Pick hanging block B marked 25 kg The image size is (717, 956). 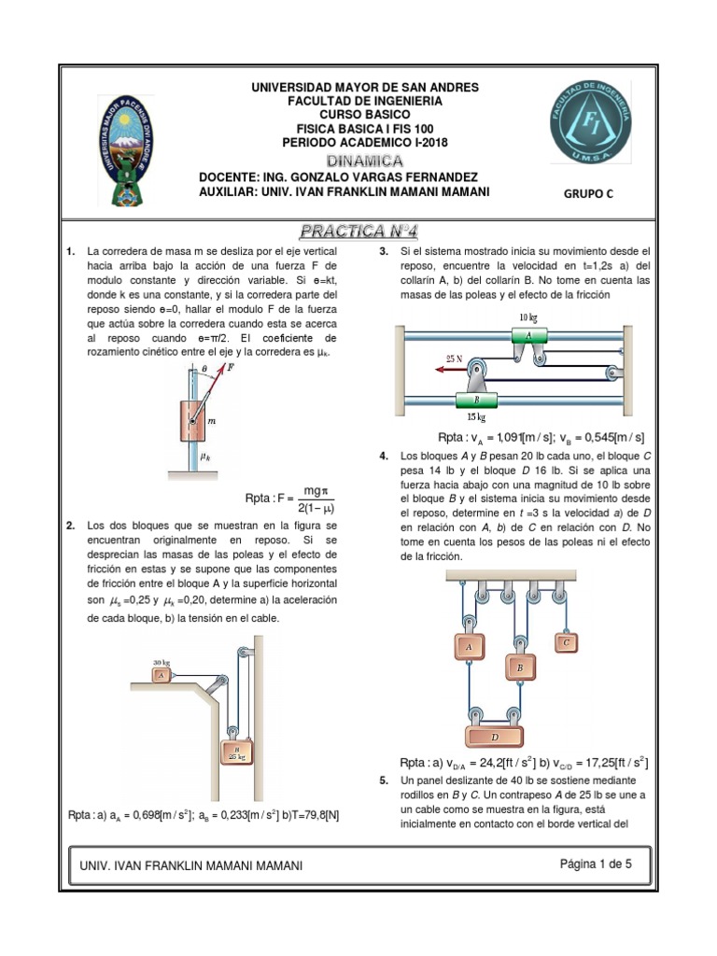pyautogui.click(x=235, y=751)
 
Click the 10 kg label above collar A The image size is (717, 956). pyautogui.click(x=528, y=317)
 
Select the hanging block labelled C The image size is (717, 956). pyautogui.click(x=567, y=642)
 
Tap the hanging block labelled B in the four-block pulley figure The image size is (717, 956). pyautogui.click(x=518, y=668)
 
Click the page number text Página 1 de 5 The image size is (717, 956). pyautogui.click(x=596, y=865)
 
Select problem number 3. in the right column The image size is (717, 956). pyautogui.click(x=384, y=252)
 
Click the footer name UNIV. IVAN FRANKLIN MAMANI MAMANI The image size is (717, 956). pyautogui.click(x=191, y=866)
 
